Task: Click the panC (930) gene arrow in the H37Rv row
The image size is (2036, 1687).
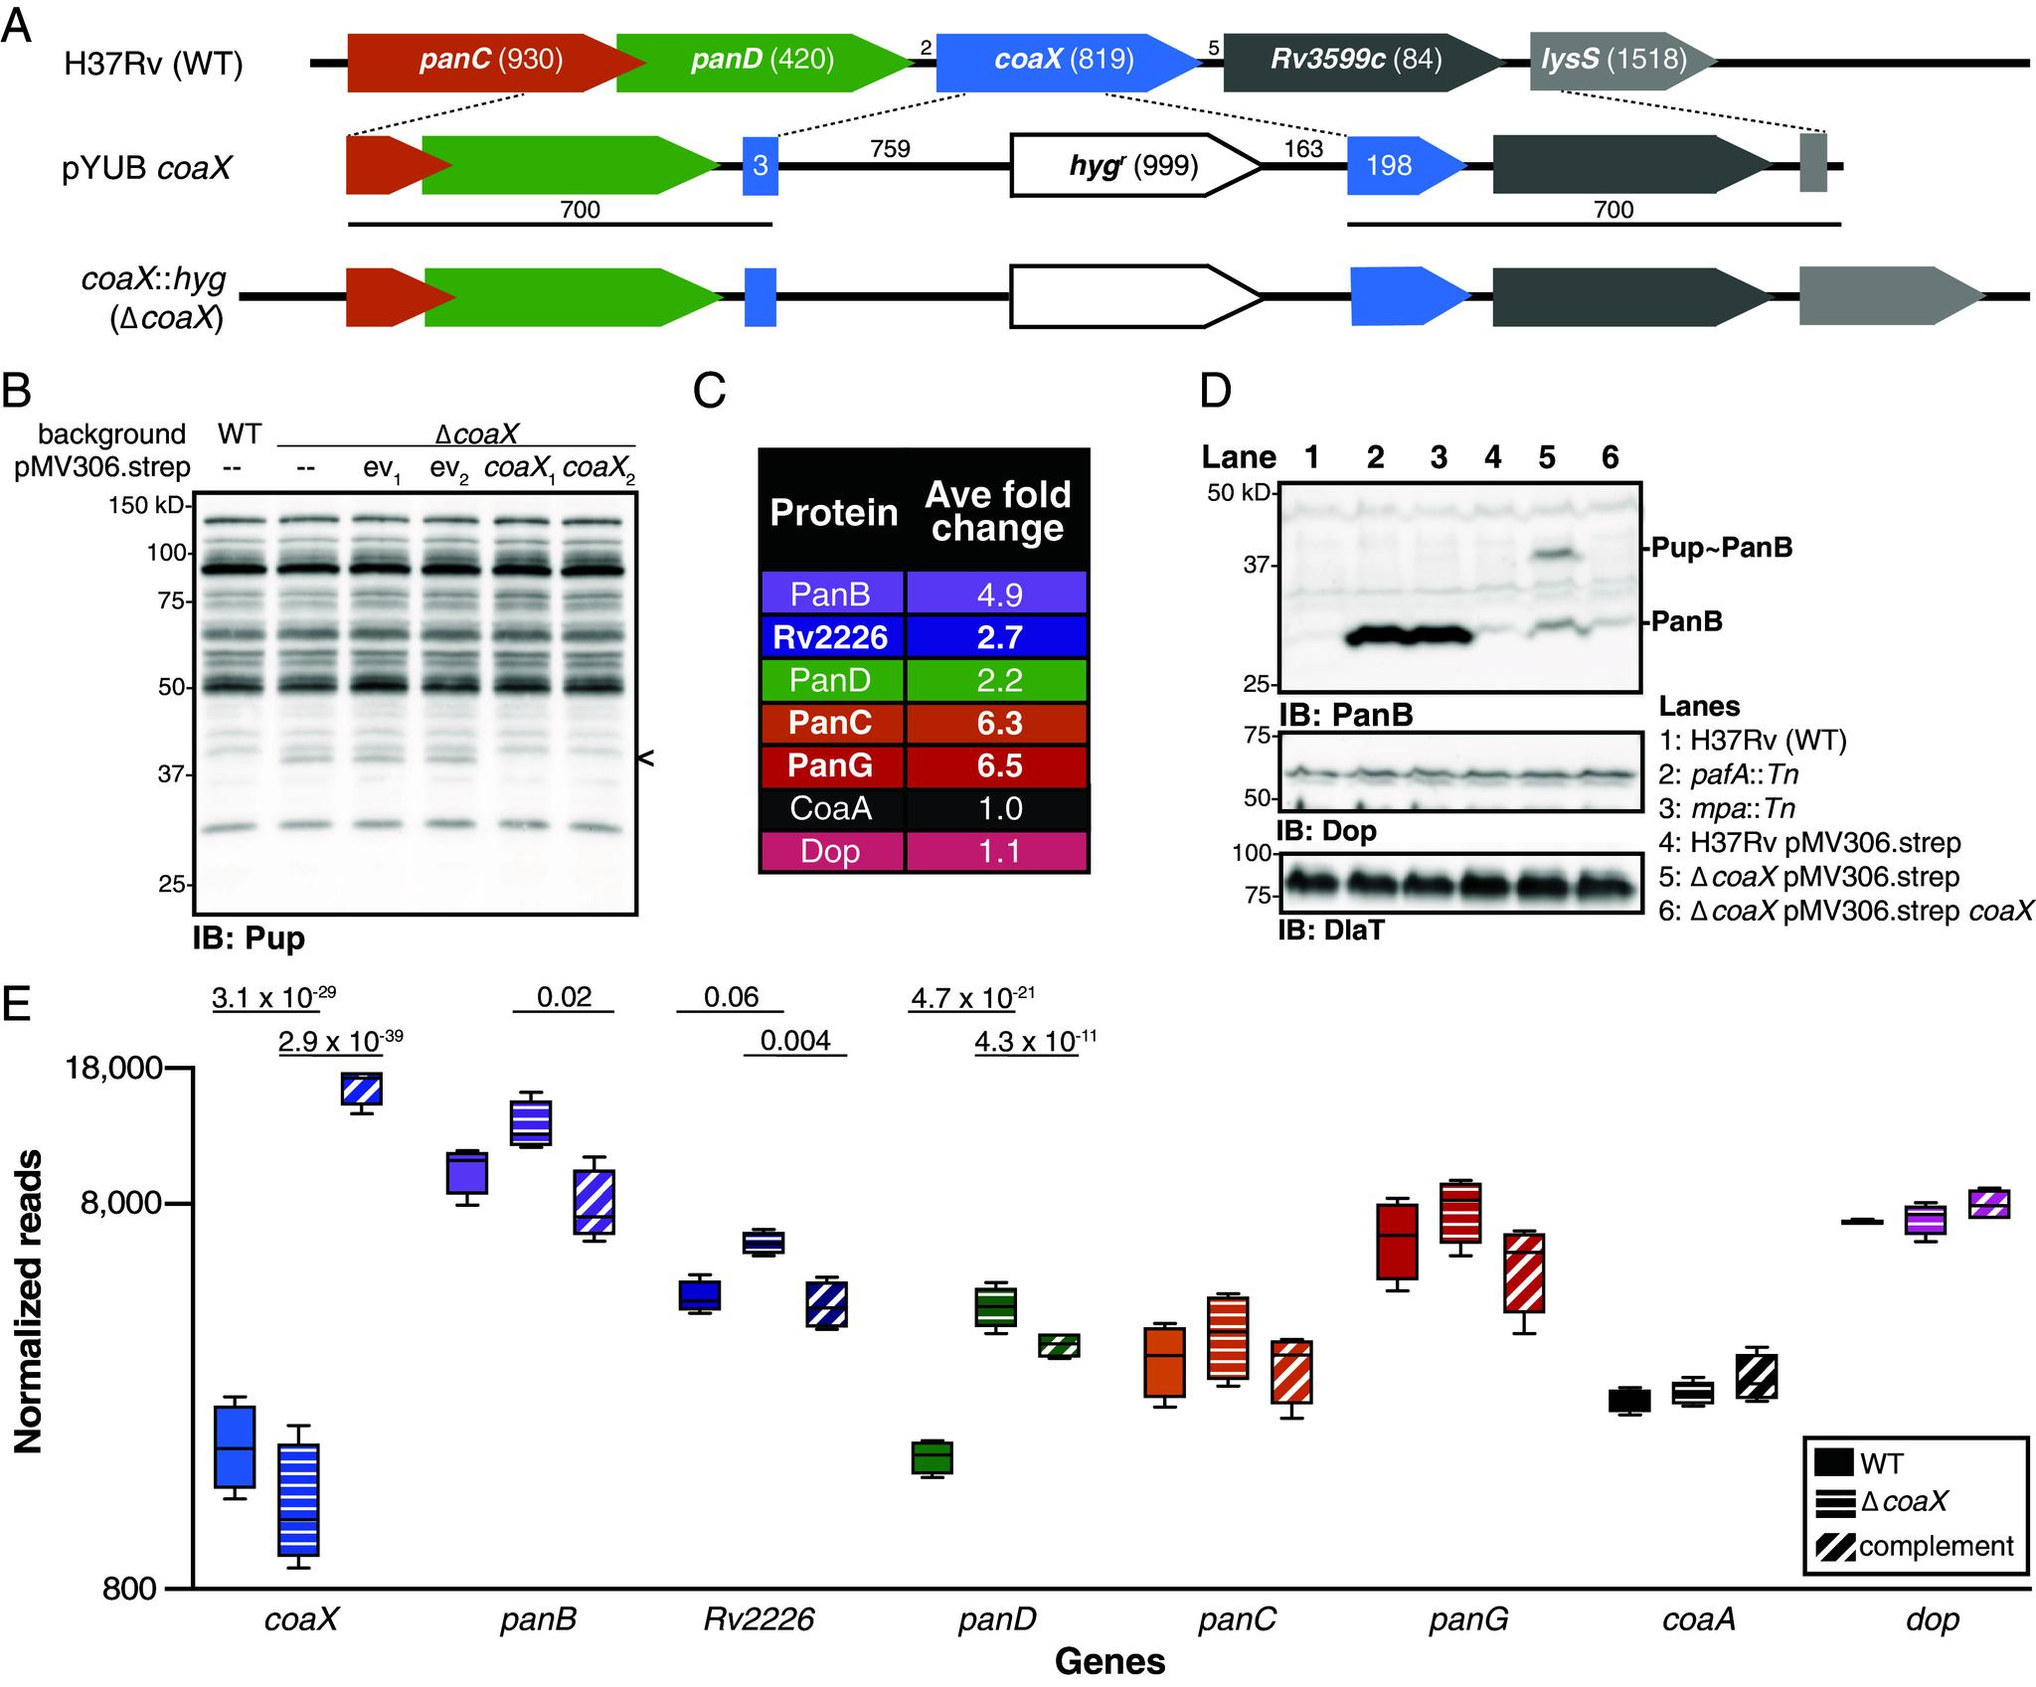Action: [x=491, y=62]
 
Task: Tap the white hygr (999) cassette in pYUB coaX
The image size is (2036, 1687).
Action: [x=1133, y=165]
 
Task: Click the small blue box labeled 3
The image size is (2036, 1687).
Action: [x=761, y=165]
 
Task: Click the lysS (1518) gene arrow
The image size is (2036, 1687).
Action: [x=1615, y=62]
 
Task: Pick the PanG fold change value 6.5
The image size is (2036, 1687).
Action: [x=998, y=766]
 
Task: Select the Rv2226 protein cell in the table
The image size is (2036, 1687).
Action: [x=831, y=637]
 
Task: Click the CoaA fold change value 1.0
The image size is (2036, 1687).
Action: [x=998, y=809]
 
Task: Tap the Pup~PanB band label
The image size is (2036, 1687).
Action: [x=1722, y=548]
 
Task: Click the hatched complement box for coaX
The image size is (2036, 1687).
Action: [x=362, y=1090]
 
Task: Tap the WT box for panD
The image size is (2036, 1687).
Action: [x=933, y=1457]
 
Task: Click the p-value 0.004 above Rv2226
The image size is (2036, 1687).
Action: [x=795, y=1041]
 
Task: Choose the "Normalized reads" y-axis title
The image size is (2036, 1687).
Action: [x=29, y=1302]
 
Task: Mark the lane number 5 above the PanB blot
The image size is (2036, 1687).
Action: [x=1546, y=457]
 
